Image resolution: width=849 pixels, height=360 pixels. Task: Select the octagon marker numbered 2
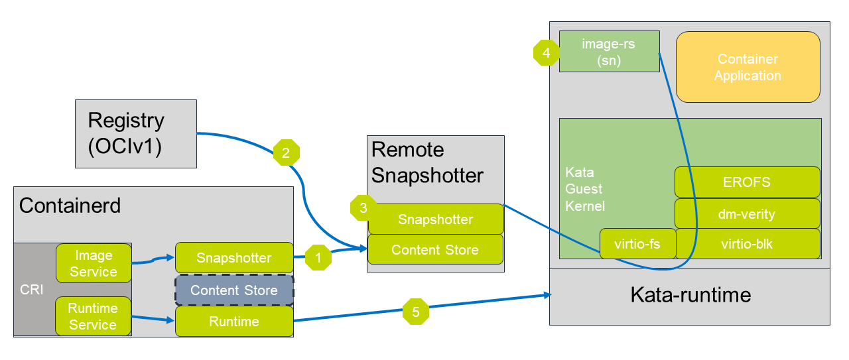tap(287, 152)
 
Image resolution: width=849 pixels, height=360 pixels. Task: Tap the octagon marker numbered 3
tap(363, 208)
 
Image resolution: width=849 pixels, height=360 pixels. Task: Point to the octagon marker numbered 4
tap(547, 53)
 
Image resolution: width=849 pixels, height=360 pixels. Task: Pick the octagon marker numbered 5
tap(416, 312)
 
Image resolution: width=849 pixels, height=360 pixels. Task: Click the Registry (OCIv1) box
tap(135, 133)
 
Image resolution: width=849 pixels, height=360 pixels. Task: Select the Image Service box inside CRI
tap(93, 263)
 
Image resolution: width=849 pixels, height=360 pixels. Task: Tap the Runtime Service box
tap(93, 316)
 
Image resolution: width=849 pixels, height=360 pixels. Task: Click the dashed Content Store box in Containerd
tap(234, 290)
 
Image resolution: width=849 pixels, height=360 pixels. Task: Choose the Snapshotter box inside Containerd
tap(234, 258)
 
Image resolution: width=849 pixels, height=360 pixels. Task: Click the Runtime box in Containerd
tap(234, 322)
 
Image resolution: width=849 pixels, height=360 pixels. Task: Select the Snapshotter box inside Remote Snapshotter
tap(436, 219)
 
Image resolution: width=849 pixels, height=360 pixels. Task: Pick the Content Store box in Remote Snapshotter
tap(436, 250)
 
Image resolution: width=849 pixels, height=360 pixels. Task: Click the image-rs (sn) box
tap(609, 52)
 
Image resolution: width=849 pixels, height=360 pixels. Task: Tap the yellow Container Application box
tap(748, 67)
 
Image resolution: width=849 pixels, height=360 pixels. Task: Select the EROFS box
tap(748, 182)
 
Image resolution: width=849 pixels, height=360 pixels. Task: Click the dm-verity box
tap(748, 213)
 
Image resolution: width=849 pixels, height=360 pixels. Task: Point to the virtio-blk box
tap(748, 244)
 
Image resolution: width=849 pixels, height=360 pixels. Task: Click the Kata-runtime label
tap(690, 294)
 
